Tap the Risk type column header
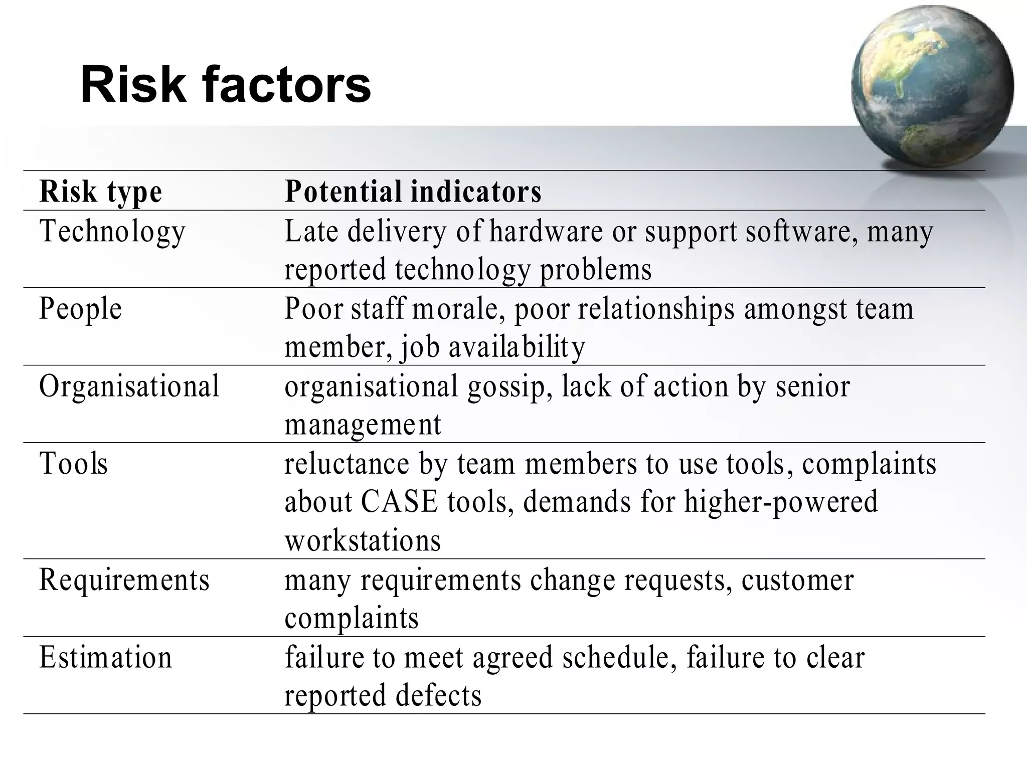(101, 191)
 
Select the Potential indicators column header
(413, 191)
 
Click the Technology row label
(112, 232)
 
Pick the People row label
(81, 309)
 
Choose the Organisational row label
(129, 386)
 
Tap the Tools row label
(74, 463)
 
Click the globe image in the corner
(932, 86)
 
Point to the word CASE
(399, 502)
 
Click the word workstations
(363, 540)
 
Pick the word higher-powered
(781, 502)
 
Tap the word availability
(517, 347)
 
